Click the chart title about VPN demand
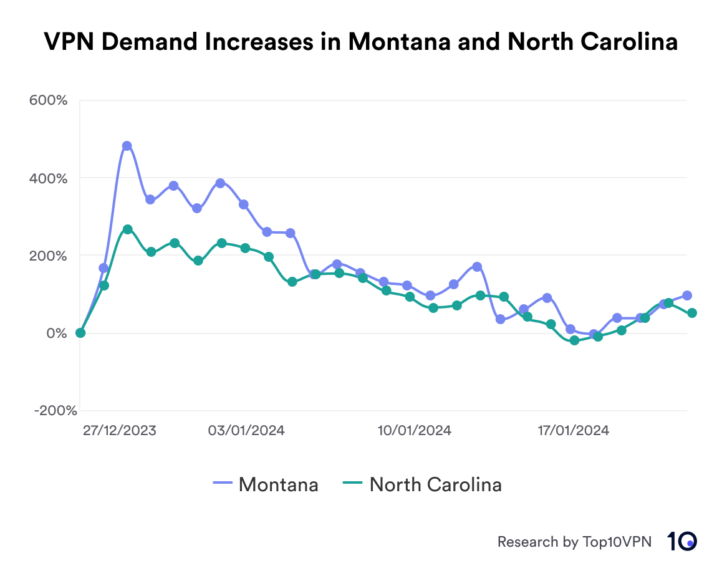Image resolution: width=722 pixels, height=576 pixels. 360,42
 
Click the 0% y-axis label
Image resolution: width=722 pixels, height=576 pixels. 57,333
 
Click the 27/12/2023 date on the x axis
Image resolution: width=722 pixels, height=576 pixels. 120,431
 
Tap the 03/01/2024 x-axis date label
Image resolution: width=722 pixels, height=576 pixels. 246,431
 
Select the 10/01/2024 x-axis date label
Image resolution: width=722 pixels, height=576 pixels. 414,431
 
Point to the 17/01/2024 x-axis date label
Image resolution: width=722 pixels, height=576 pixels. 573,431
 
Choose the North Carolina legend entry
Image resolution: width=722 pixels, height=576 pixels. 423,484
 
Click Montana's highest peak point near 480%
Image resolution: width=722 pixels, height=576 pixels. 127,146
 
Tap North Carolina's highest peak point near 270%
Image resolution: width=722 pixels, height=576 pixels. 127,229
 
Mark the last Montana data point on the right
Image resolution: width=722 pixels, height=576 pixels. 687,295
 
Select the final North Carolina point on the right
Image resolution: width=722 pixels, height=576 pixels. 692,313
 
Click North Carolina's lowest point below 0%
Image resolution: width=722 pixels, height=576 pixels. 574,340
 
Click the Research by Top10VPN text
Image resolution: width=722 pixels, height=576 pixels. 574,542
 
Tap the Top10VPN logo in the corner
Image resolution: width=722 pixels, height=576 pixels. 682,541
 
